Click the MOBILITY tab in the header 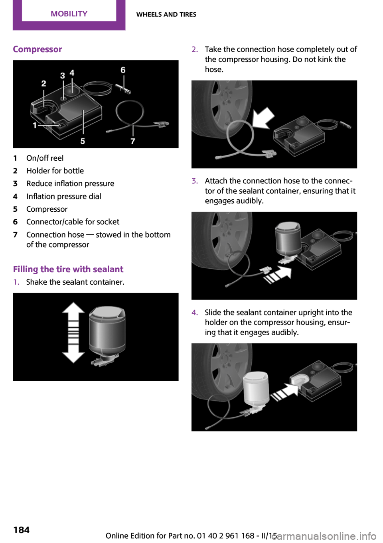(x=69, y=14)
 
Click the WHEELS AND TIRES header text (x=166, y=14)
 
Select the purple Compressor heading (x=38, y=49)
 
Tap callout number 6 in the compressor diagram (x=123, y=70)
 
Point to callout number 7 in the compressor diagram (x=133, y=141)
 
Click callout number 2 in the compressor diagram (x=43, y=83)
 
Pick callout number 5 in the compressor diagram (x=83, y=141)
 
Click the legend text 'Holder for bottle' (x=55, y=171)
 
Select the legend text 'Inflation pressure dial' (x=64, y=196)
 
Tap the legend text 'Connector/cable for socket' (x=73, y=222)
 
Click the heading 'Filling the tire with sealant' (x=68, y=269)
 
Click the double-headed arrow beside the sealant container (x=73, y=332)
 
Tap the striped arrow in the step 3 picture (x=278, y=275)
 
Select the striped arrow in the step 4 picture (x=285, y=393)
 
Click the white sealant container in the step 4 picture (x=256, y=391)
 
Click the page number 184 (x=22, y=530)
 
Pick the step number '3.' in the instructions (x=195, y=181)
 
